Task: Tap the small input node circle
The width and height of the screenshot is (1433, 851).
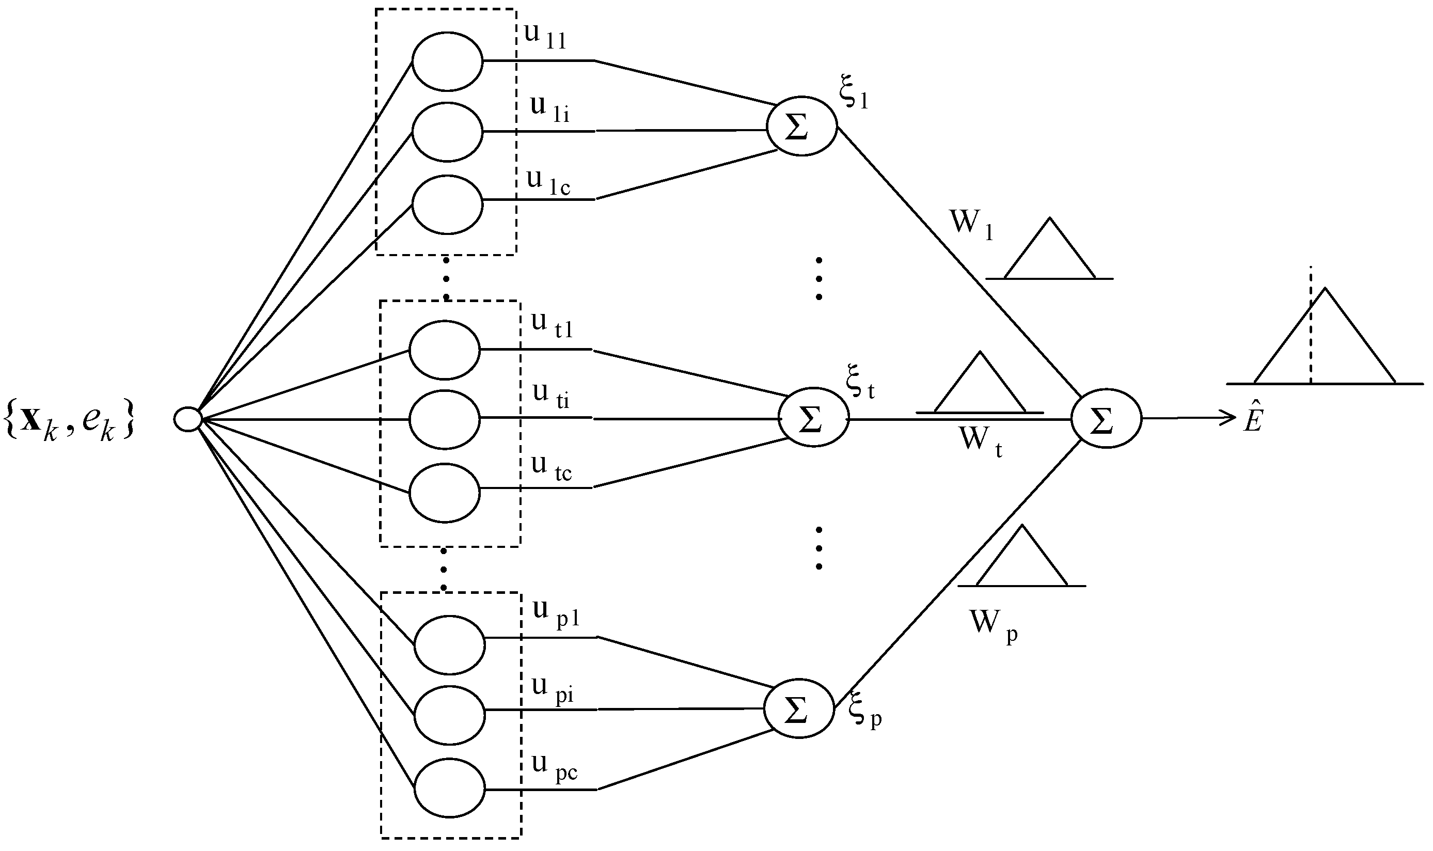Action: click(187, 419)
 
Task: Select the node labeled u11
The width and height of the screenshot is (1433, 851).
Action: click(447, 61)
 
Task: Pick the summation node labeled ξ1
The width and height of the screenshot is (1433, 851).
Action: click(801, 126)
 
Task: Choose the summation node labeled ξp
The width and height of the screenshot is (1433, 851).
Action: click(798, 709)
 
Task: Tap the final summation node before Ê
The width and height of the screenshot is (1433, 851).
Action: click(1106, 419)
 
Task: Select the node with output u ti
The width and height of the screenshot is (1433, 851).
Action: click(445, 419)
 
